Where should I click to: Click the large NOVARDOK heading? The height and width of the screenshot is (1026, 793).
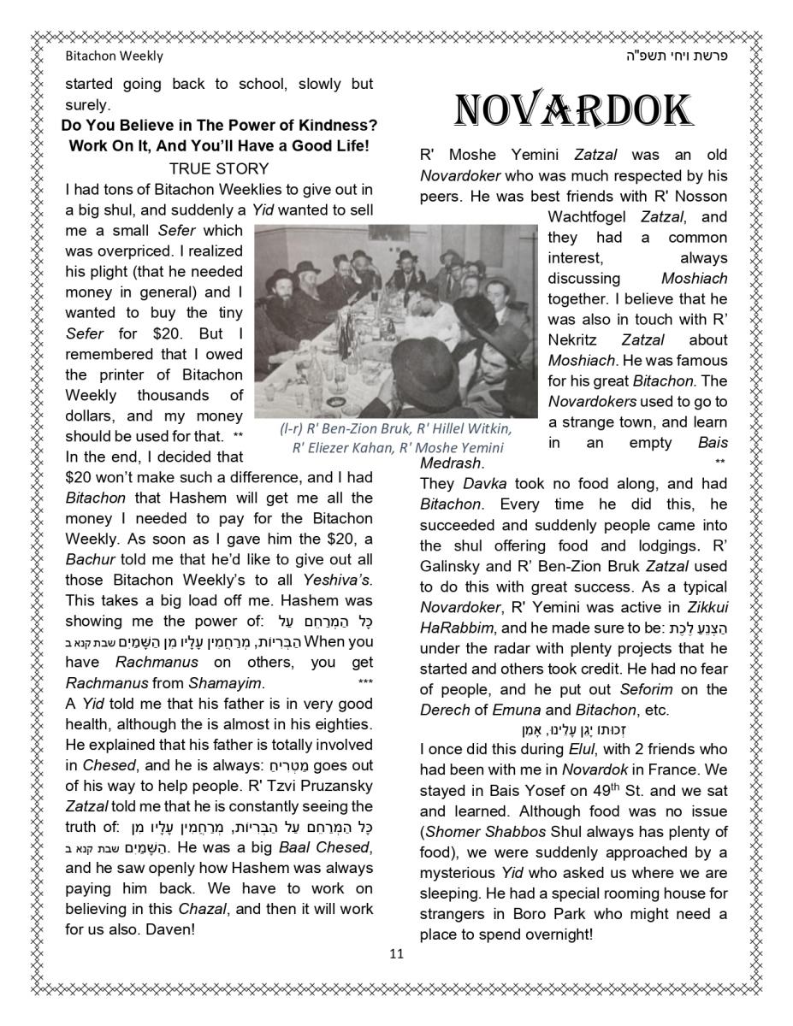(572, 111)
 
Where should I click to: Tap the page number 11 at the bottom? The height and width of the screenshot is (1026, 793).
(396, 954)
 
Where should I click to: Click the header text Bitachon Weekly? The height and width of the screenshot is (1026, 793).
(114, 56)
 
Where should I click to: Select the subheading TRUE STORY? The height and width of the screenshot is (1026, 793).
(219, 168)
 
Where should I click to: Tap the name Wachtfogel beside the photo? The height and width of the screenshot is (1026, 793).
(589, 217)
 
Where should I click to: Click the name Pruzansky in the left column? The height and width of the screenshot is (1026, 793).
(329, 786)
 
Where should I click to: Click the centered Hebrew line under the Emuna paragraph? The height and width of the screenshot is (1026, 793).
(573, 730)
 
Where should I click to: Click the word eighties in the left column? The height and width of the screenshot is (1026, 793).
(342, 724)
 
